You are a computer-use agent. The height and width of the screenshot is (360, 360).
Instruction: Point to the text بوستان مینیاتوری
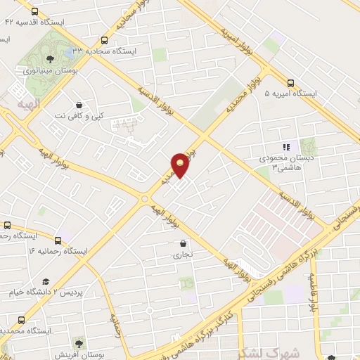click(49, 70)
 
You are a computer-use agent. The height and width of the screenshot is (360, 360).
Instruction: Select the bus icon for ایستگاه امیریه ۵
click(292, 82)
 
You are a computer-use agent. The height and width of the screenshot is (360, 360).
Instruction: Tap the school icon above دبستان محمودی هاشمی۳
click(285, 147)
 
